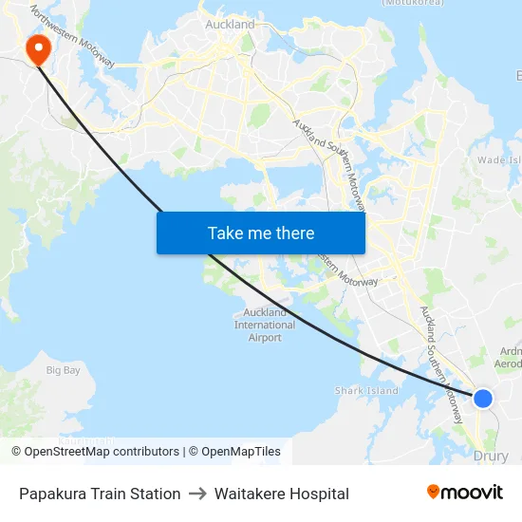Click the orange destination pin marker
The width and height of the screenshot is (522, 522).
38,49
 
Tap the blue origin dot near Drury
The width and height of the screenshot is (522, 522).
483,398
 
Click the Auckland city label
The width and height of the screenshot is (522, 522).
230,24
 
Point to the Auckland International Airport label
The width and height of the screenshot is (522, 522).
265,325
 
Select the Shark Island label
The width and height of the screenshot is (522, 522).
366,390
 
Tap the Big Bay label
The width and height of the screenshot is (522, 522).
64,369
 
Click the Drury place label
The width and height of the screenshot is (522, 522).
491,456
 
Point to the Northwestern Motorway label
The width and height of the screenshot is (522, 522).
72,38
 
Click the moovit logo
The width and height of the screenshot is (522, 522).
464,493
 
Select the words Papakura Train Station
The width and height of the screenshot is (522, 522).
100,494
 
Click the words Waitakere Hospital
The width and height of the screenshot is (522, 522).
282,494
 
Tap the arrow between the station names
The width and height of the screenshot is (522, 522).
197,494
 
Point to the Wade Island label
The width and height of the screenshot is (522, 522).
499,159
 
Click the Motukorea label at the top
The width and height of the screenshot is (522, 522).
412,3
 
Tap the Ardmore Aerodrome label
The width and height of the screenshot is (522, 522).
508,356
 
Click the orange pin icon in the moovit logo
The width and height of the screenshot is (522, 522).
433,492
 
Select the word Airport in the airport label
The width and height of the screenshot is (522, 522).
265,337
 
